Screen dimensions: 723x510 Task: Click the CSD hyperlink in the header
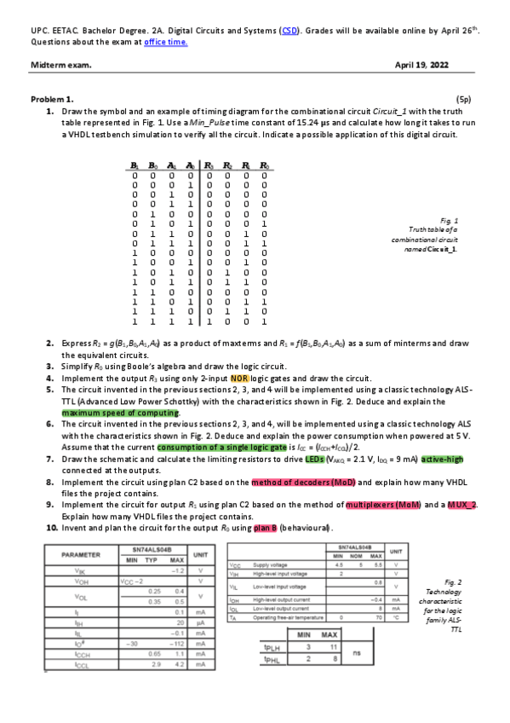pos(289,30)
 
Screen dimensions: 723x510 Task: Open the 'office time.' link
pos(165,42)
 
